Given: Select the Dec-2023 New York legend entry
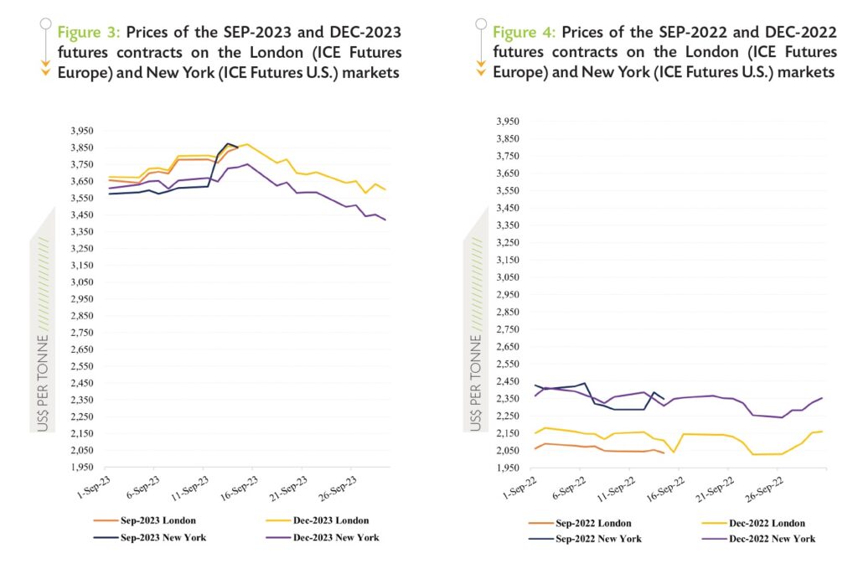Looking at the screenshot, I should [x=334, y=537].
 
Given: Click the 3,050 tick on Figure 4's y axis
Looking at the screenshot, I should [x=516, y=277].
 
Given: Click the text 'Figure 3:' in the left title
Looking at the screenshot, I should [x=89, y=32].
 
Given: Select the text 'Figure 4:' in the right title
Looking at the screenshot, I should [x=524, y=32].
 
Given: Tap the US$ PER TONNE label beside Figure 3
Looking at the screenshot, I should [x=43, y=385].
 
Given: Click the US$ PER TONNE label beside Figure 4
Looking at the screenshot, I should [x=476, y=385].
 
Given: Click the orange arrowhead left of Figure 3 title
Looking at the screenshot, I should [x=46, y=72].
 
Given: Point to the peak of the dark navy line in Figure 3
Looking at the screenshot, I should [x=227, y=143].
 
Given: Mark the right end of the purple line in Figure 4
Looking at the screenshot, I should [x=822, y=398].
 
